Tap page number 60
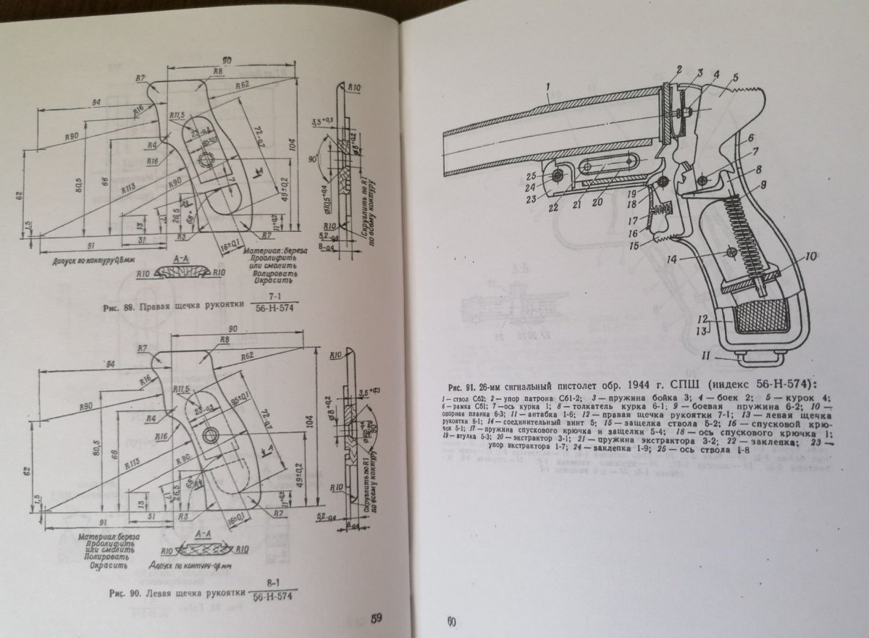[x=450, y=621]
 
